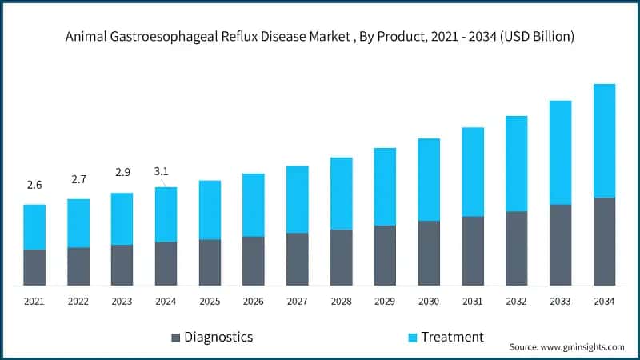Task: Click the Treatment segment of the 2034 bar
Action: click(x=604, y=140)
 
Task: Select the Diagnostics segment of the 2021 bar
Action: click(x=34, y=267)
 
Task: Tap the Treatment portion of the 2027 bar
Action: click(x=298, y=199)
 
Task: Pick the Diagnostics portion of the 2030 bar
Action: click(x=429, y=253)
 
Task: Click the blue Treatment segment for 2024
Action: click(x=166, y=214)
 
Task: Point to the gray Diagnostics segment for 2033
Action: click(x=560, y=245)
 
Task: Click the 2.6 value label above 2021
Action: click(x=34, y=185)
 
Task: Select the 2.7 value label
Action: click(x=78, y=179)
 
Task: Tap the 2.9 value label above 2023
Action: click(x=122, y=173)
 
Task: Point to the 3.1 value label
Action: click(x=162, y=171)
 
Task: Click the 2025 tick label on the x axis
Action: click(x=210, y=302)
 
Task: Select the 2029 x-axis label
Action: click(x=385, y=302)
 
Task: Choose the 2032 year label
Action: click(x=516, y=302)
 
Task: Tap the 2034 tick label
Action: click(x=604, y=302)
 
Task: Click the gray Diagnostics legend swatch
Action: click(x=175, y=337)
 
